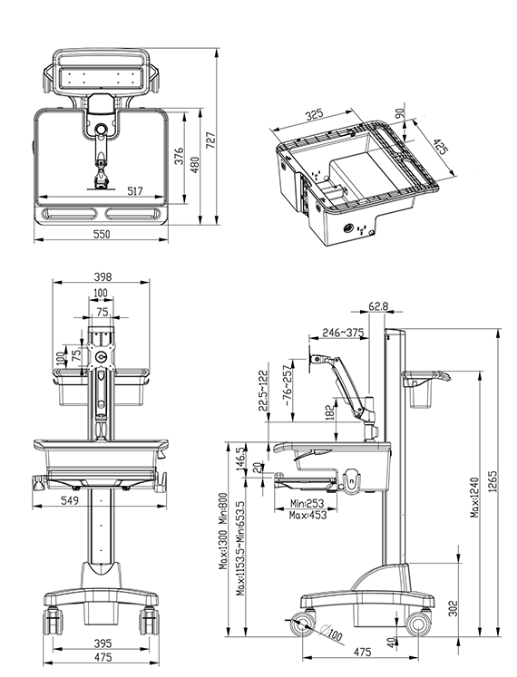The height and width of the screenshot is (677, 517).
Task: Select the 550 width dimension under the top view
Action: [x=101, y=235]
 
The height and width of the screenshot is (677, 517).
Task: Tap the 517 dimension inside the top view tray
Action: [x=133, y=190]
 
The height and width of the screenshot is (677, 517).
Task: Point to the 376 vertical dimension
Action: [x=179, y=155]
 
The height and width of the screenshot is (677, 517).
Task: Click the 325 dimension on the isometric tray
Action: [x=315, y=114]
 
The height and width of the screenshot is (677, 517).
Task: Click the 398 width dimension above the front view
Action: [x=102, y=276]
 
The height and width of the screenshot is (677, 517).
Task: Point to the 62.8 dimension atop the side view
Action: [x=379, y=306]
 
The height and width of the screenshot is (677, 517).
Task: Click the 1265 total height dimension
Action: [x=492, y=483]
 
